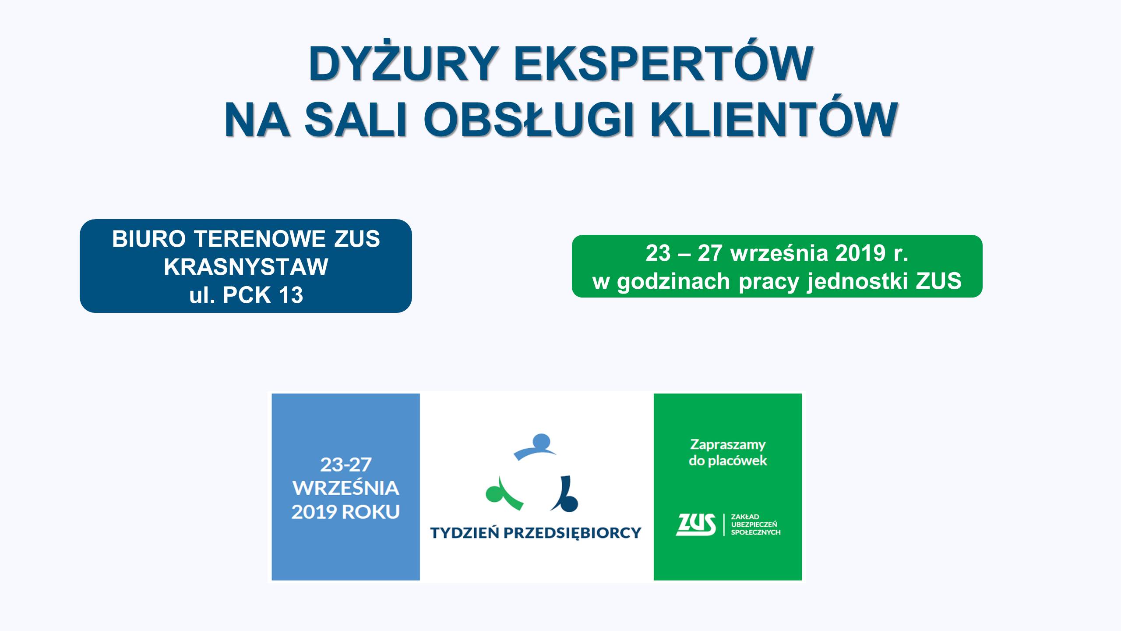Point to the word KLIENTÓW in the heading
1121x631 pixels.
tap(773, 120)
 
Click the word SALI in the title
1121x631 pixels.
tap(356, 120)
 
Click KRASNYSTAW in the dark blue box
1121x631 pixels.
tap(246, 266)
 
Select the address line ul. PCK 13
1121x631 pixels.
tap(246, 295)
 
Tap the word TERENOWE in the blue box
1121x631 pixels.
tap(260, 239)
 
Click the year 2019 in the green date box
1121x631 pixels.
tap(860, 253)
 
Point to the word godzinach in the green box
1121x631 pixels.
tap(673, 281)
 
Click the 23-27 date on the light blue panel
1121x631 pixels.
tap(346, 465)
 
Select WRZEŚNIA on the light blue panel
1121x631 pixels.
tap(346, 488)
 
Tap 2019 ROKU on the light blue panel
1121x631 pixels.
tap(346, 512)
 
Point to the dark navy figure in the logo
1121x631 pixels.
tap(565, 494)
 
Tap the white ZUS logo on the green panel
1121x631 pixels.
tap(696, 525)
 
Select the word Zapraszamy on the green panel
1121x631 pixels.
tap(728, 445)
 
